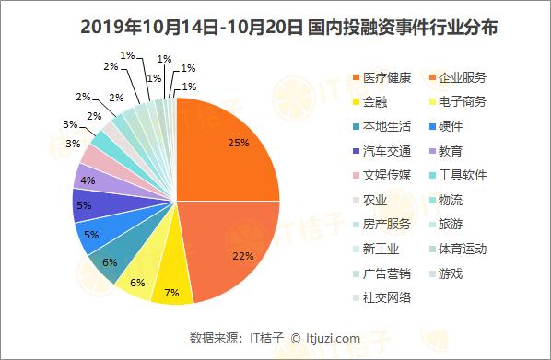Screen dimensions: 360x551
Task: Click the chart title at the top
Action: click(x=276, y=28)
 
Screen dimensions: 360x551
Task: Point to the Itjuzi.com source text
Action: click(x=332, y=338)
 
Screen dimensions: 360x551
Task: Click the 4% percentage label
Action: click(x=88, y=180)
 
